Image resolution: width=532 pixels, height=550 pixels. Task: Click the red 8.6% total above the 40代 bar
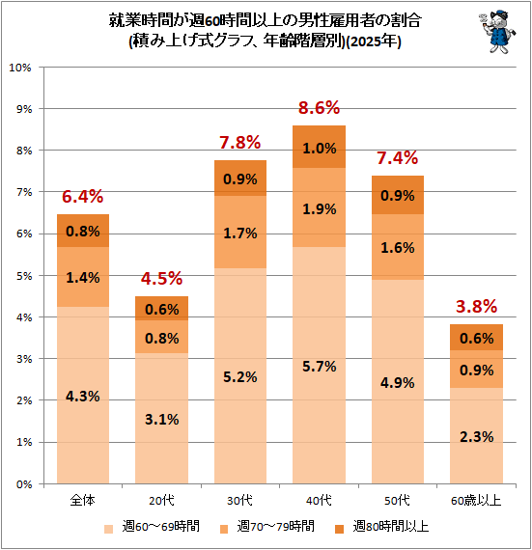(x=319, y=108)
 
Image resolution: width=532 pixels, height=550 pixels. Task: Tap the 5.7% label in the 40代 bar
(x=320, y=367)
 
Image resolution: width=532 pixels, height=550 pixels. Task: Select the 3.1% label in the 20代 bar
(x=162, y=419)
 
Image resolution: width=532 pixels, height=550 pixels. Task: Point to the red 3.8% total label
(x=477, y=306)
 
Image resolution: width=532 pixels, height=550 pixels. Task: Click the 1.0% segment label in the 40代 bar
(x=320, y=148)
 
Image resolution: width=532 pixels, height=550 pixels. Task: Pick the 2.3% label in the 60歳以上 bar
(x=477, y=437)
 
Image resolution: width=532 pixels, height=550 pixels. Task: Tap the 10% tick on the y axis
(x=20, y=68)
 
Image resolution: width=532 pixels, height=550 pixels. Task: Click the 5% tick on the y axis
(x=24, y=276)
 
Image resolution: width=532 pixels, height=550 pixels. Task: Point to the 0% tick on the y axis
(x=24, y=484)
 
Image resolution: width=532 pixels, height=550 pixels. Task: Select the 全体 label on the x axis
(x=83, y=500)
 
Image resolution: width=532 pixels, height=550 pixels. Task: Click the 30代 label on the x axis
(x=240, y=500)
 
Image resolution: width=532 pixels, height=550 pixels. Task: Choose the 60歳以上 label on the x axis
(x=476, y=500)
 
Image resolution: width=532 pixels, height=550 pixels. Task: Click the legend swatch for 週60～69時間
(x=109, y=529)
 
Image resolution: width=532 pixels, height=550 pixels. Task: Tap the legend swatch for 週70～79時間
(x=224, y=529)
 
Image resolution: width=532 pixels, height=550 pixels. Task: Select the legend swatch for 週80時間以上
(x=339, y=529)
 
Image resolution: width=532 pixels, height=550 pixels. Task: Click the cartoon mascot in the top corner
(x=497, y=32)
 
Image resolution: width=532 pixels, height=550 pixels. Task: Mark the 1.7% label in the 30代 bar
(x=240, y=234)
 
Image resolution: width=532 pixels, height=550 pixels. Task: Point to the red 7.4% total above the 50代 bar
(x=398, y=158)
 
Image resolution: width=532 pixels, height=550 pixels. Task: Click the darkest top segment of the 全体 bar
(x=83, y=231)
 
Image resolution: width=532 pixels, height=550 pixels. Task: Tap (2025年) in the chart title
(x=374, y=41)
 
